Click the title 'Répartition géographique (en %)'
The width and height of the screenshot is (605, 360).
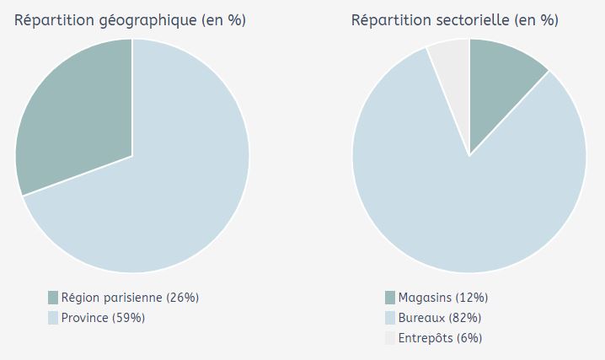130,20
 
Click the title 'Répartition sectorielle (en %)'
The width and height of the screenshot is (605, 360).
454,20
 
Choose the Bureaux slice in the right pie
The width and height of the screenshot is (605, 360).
472,211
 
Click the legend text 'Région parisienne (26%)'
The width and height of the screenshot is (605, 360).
130,298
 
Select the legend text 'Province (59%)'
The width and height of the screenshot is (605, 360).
103,318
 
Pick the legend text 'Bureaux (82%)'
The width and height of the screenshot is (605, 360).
440,318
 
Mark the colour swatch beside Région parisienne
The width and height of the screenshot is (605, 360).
53,298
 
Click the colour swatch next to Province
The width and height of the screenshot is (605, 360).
53,318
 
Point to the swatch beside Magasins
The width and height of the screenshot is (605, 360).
390,298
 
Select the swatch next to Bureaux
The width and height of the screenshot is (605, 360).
390,318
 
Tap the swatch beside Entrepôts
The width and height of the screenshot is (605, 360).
390,338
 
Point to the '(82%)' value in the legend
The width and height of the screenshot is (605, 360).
465,318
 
